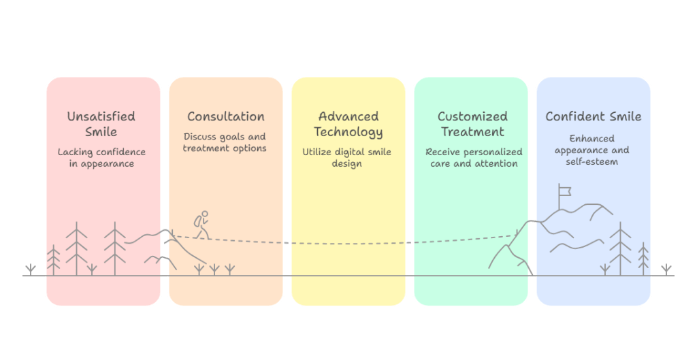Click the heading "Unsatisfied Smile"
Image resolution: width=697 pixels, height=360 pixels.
pyautogui.click(x=101, y=124)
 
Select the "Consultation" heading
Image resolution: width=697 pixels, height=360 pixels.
pyautogui.click(x=226, y=116)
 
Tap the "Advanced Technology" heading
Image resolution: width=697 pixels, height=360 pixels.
pyautogui.click(x=348, y=124)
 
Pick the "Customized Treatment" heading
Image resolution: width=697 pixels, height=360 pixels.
pyautogui.click(x=472, y=124)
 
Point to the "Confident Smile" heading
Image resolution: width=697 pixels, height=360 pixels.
pyautogui.click(x=594, y=116)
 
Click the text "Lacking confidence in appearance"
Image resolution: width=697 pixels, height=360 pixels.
pyautogui.click(x=101, y=158)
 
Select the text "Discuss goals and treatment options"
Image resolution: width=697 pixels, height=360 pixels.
pyautogui.click(x=225, y=143)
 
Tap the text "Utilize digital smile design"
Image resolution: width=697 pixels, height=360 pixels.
pyautogui.click(x=346, y=158)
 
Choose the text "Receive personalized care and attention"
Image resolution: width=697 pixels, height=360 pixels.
pyautogui.click(x=474, y=158)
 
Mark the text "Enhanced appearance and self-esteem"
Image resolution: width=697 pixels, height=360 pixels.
pyautogui.click(x=591, y=150)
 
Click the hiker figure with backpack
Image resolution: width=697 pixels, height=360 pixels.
pyautogui.click(x=201, y=225)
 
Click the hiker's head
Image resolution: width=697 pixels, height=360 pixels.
pyautogui.click(x=204, y=214)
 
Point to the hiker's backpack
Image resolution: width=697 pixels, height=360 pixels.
pyautogui.click(x=197, y=221)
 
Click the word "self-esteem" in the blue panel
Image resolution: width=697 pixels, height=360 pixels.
pyautogui.click(x=591, y=162)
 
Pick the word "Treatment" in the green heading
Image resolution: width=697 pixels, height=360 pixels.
pyautogui.click(x=472, y=132)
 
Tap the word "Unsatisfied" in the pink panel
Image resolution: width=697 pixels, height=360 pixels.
pyautogui.click(x=101, y=116)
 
